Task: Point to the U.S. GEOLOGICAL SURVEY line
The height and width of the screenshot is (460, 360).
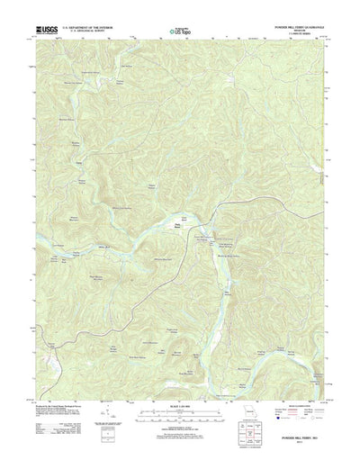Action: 94,32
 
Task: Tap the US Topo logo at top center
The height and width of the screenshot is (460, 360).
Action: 180,32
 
